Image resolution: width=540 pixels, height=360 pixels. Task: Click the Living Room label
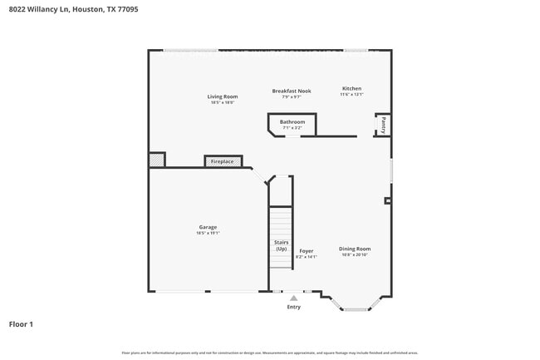222,96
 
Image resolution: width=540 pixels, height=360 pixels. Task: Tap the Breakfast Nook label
291,91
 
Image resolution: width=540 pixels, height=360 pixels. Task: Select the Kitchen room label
352,88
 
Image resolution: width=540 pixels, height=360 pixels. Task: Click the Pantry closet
383,125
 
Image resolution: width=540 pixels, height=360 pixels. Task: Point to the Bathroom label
292,122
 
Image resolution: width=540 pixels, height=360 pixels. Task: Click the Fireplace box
223,161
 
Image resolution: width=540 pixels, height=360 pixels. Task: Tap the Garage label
208,227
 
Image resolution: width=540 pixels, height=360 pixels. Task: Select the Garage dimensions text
208,233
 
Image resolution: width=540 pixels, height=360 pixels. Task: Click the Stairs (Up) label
281,245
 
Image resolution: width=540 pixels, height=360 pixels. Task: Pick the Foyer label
306,250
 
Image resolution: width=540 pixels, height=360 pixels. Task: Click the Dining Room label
355,249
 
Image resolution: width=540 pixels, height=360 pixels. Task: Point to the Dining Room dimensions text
355,255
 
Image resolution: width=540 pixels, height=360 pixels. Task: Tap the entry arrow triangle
293,298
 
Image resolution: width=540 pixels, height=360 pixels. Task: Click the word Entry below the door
293,307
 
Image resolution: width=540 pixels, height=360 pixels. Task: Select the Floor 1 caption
21,324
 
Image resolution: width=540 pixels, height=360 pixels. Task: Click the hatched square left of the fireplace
156,160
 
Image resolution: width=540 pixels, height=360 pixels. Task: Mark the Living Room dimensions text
222,102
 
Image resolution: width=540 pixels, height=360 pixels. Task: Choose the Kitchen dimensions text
352,95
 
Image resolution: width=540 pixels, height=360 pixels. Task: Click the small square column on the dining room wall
387,200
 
